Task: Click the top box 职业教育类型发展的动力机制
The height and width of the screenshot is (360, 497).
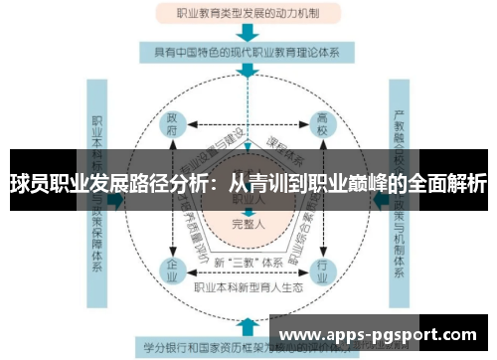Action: pos(248,13)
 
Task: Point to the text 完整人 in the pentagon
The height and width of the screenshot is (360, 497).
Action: pos(248,225)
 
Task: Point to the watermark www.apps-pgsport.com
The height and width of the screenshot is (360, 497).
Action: pos(384,335)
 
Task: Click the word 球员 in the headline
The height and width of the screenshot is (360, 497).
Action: pos(30,184)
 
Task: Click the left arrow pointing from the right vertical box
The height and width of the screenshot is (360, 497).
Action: pos(378,200)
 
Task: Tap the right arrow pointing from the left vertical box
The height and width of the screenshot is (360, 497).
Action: pos(118,200)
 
